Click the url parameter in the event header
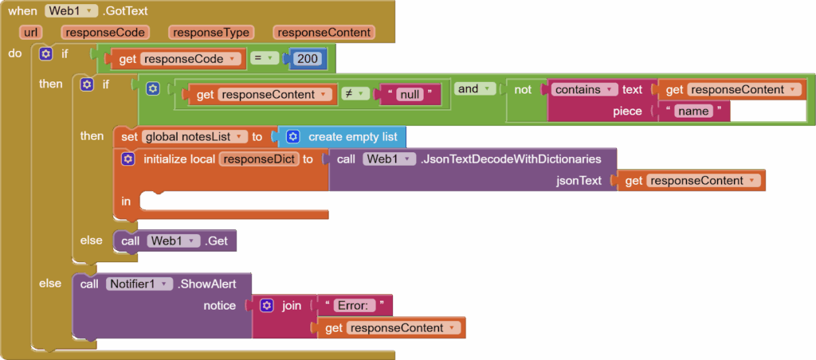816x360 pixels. [33, 33]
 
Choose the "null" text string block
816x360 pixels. [410, 95]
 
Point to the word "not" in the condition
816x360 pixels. [523, 90]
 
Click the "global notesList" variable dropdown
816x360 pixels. [194, 137]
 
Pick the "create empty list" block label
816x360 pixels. [353, 137]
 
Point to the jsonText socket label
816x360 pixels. [579, 181]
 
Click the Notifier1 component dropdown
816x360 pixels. [139, 284]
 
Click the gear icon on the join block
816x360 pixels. [267, 306]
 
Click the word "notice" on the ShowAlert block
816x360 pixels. [220, 306]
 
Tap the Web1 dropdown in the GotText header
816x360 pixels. [72, 12]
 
